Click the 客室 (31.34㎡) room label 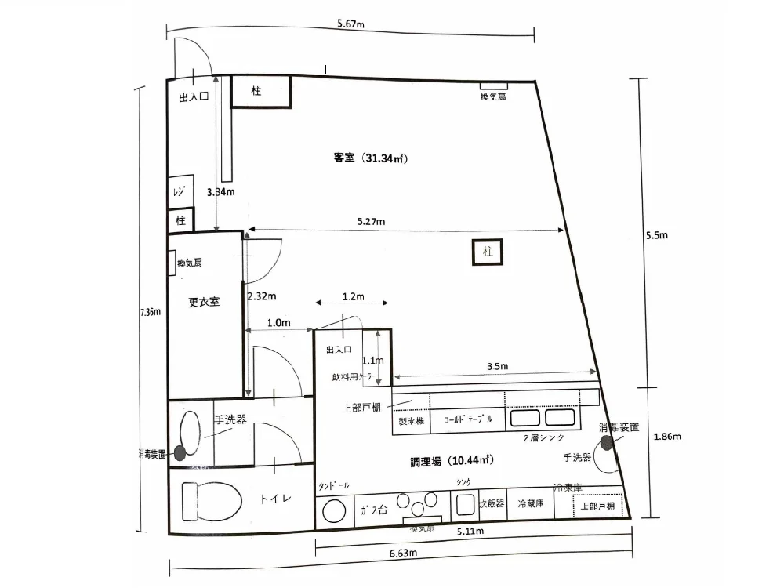pos(368,158)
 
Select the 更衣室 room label pos(203,302)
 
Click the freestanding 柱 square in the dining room pos(487,252)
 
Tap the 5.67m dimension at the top pos(351,24)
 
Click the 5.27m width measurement pos(370,221)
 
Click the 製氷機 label pos(411,421)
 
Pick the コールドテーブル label pos(469,420)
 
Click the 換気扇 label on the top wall pos(494,96)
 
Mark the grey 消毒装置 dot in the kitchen pos(607,443)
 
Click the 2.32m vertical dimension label pos(262,297)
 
